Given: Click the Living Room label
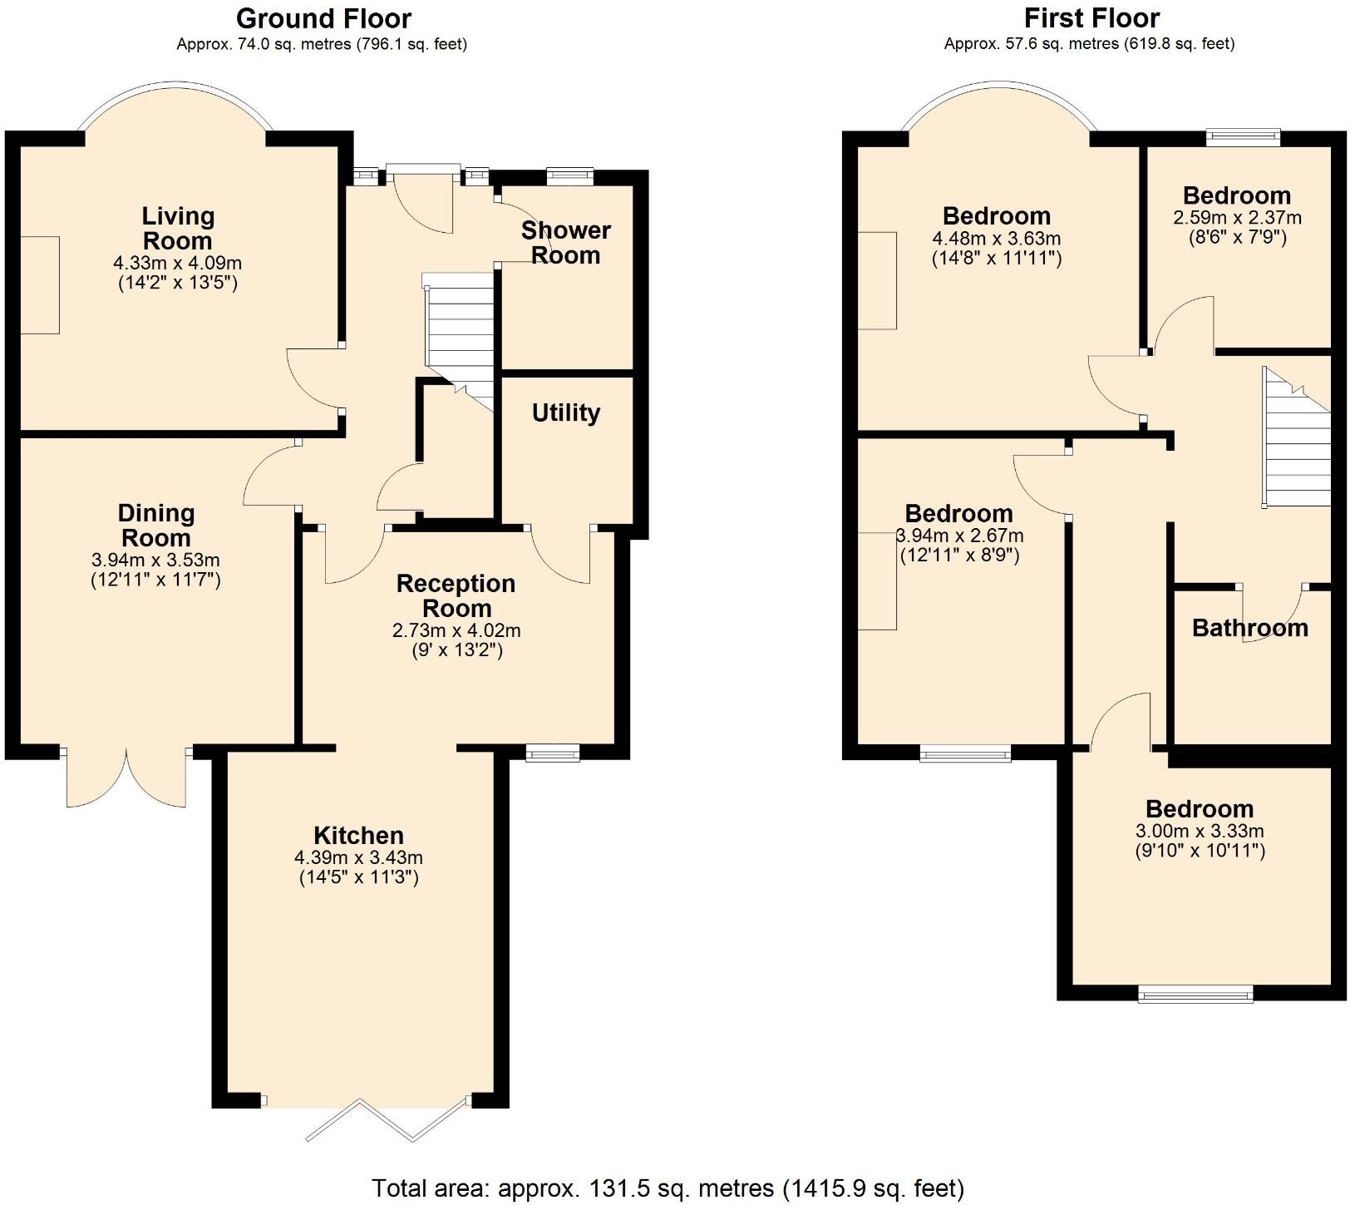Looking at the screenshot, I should pos(178,229).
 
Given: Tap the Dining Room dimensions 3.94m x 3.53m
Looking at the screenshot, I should pos(155,561).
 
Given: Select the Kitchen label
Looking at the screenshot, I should pos(358,835).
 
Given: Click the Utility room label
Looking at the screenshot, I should pos(566,412).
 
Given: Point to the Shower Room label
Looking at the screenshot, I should pos(566,242).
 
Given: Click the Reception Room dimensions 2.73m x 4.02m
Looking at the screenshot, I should pos(456,631).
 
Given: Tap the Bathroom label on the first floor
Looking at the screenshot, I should pos(1249,628).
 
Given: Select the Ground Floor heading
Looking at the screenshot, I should pos(323,17).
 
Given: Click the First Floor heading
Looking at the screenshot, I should pos(1091,17).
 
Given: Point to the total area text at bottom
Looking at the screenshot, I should pos(668,1188).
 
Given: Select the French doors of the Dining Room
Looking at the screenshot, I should pos(126,778).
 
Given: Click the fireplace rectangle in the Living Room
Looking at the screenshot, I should pos(40,284).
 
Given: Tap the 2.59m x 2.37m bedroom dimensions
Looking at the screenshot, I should pos(1237,218).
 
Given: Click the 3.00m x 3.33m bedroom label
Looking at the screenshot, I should pos(1200,808).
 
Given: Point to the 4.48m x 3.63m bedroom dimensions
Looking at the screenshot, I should pos(996,239).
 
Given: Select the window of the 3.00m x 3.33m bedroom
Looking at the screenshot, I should pos(1195,992).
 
